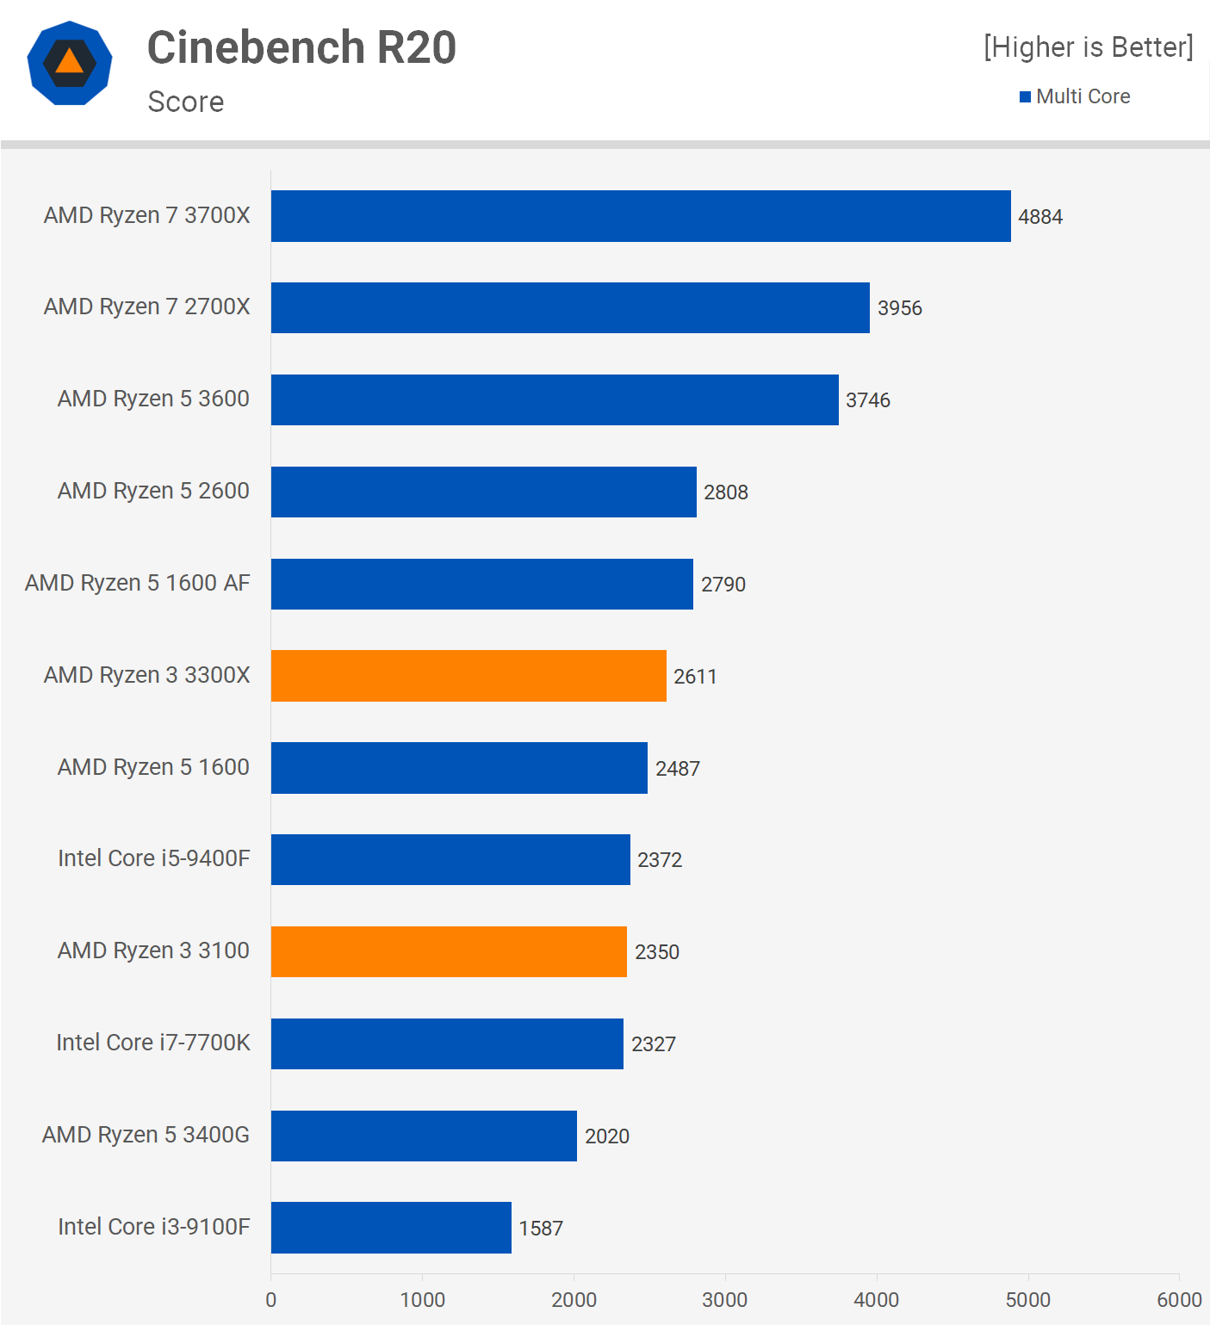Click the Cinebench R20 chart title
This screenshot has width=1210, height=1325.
[x=301, y=47]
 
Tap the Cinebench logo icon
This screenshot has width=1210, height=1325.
[x=70, y=63]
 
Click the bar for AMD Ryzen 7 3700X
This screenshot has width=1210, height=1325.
[x=641, y=216]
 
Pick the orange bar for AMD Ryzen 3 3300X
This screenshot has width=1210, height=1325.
[x=468, y=676]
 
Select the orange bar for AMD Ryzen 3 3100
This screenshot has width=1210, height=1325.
[x=449, y=951]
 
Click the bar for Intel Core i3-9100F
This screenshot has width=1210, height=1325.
[x=391, y=1228]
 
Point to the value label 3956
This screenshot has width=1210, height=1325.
[x=899, y=308]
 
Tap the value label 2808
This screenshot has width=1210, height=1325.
[x=725, y=492]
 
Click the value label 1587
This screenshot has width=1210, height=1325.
[x=541, y=1229]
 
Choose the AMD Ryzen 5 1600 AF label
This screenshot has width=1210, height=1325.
[x=138, y=583]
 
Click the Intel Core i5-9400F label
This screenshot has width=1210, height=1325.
[x=153, y=858]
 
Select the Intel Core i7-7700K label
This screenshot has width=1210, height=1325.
[x=152, y=1043]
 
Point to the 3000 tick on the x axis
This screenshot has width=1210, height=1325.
[x=724, y=1300]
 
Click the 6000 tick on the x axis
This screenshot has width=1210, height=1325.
[x=1178, y=1300]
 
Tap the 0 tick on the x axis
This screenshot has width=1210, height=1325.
[x=271, y=1300]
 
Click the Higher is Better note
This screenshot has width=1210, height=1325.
[x=1089, y=47]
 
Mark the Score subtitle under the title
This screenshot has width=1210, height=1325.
[x=186, y=102]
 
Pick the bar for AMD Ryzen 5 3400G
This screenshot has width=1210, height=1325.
[x=424, y=1136]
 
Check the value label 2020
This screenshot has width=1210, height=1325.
[x=606, y=1136]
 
